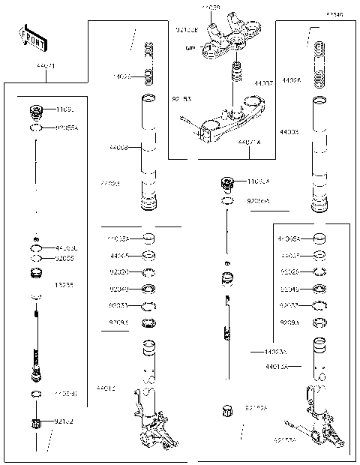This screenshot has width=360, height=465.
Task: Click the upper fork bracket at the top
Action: tap(229, 34)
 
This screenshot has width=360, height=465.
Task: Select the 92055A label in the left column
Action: tap(67, 128)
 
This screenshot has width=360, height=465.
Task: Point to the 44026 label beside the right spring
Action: tap(292, 79)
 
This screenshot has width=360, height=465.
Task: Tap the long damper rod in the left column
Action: tap(36, 330)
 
